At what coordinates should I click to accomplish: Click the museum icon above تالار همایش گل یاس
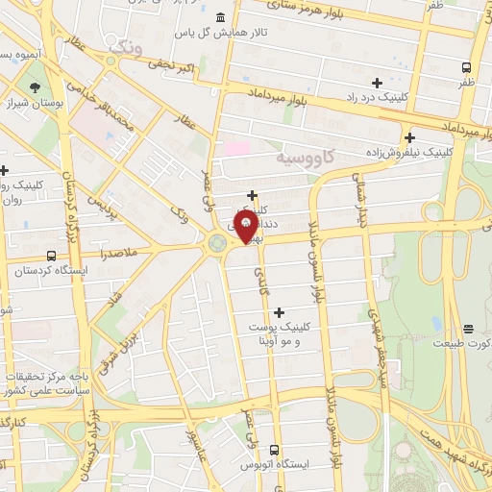(221, 17)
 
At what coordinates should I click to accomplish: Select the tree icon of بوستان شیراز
(36, 86)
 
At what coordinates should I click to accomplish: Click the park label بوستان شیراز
(36, 103)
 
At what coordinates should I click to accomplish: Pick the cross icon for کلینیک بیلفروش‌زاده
(409, 137)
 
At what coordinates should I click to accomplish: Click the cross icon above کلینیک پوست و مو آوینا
(280, 311)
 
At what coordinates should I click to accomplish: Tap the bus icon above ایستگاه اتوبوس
(275, 450)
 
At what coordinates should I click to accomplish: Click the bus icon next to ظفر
(466, 67)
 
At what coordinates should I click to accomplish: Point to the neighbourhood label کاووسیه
(305, 156)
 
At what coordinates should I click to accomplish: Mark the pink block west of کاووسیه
(236, 150)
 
